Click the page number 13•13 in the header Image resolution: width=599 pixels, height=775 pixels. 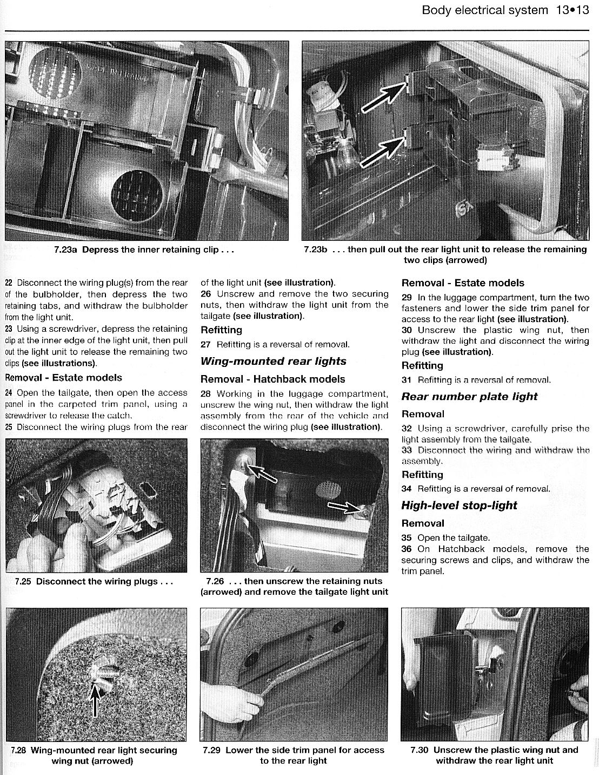point(570,10)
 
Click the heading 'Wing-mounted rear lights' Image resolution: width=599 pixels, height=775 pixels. point(273,361)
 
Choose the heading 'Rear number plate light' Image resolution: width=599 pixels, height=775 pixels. point(469,396)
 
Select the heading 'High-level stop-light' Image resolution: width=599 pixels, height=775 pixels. point(459,505)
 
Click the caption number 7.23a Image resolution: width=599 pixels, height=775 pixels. point(66,249)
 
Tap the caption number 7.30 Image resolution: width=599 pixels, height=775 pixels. point(420,750)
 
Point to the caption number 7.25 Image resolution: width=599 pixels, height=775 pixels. point(24,581)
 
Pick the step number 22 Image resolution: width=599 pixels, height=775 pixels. point(9,283)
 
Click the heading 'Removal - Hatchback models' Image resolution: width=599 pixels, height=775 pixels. point(272,379)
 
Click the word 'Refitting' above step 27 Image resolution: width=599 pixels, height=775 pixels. point(221,330)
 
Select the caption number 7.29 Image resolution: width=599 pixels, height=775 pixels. point(212,750)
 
